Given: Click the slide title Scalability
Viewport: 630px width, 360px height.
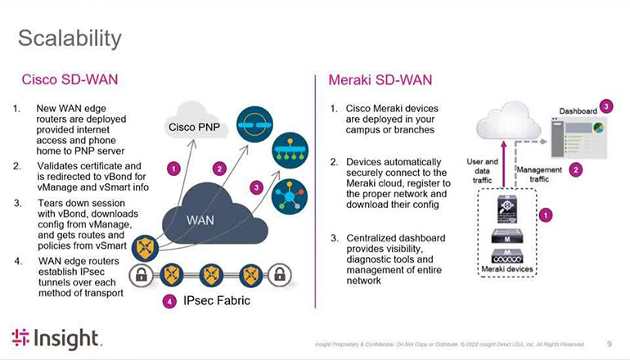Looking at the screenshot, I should (70, 38).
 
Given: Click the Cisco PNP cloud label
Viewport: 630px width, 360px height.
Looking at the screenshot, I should (193, 128).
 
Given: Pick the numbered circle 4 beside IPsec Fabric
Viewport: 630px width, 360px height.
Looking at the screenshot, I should (169, 301).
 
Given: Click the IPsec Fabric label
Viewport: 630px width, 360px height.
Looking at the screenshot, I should (217, 301).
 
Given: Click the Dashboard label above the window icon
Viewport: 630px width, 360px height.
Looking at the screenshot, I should (578, 110).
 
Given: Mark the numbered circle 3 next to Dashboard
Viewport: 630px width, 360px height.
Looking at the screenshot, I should (605, 106).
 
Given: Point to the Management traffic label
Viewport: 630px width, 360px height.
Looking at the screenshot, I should (539, 174).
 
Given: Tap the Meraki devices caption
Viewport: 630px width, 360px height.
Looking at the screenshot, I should (504, 269).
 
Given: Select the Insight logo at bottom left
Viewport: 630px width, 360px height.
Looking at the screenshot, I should (56, 338).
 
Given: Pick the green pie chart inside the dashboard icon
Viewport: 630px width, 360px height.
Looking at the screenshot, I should (597, 130).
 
